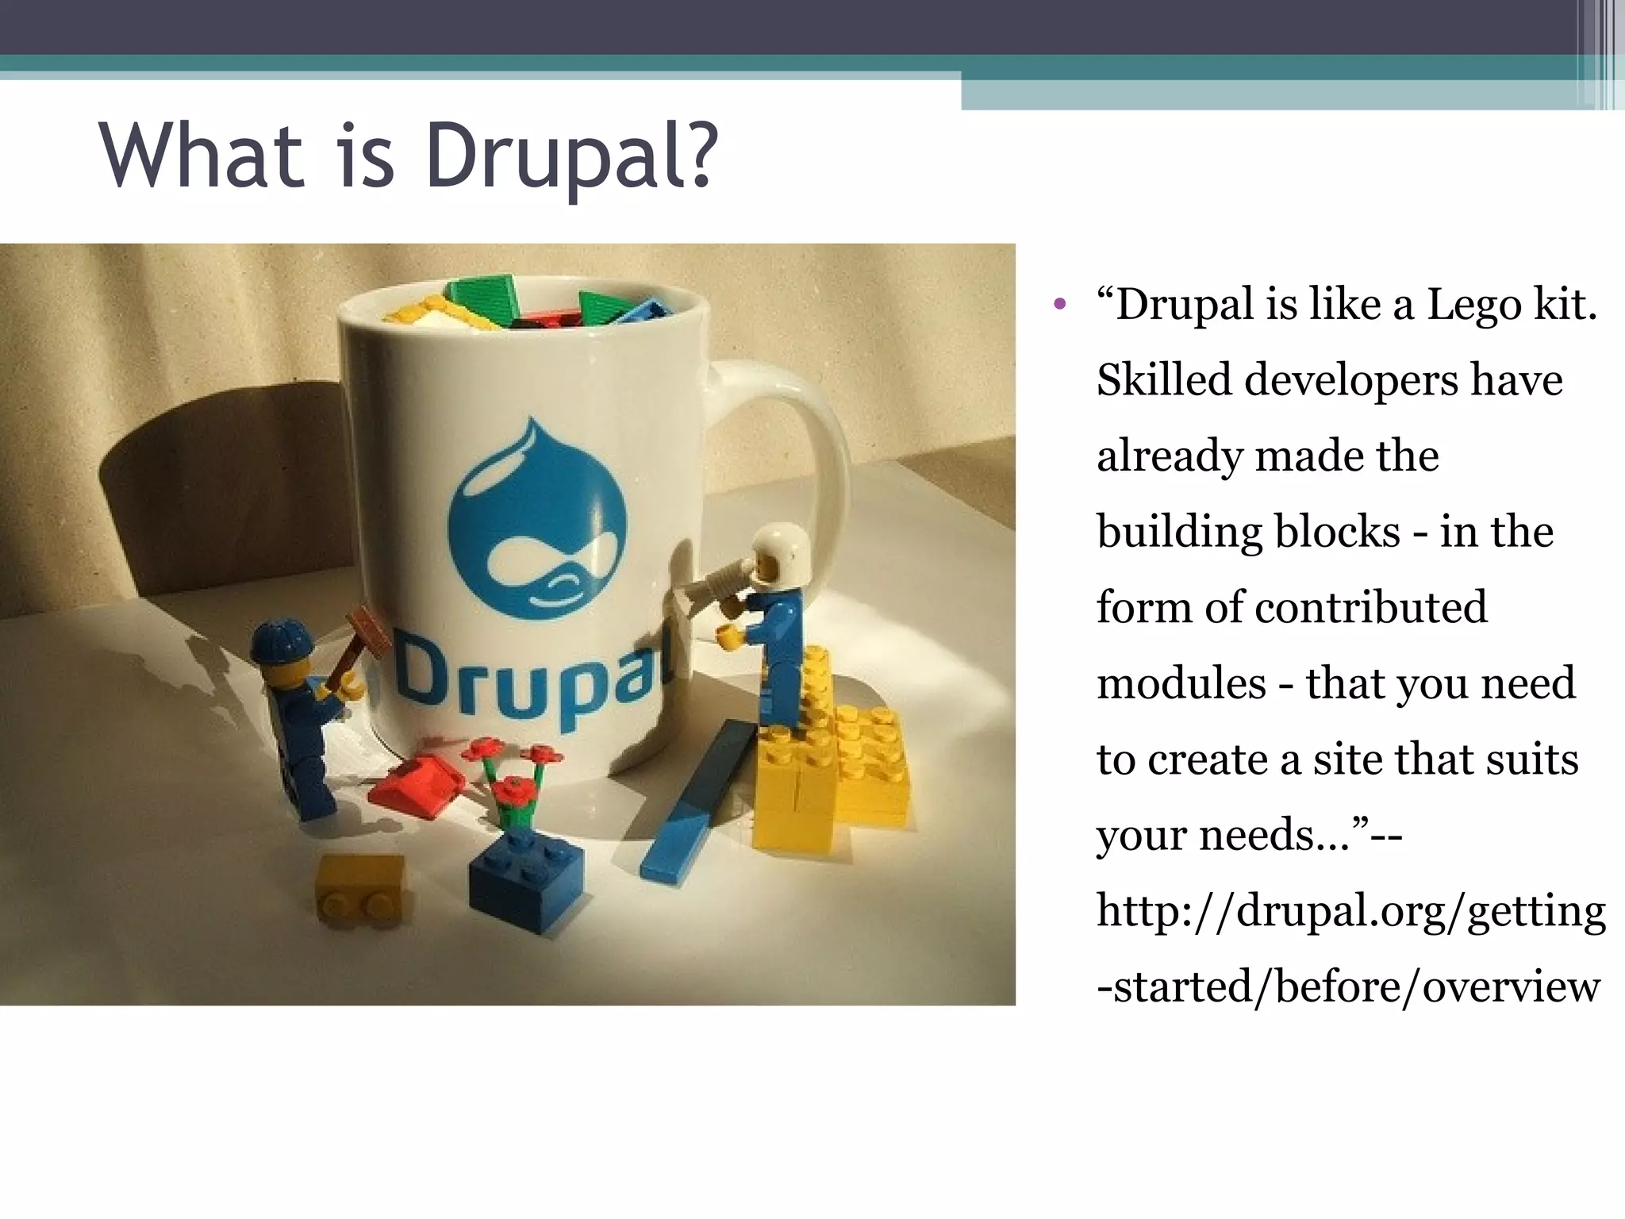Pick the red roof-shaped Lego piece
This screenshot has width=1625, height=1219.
click(417, 786)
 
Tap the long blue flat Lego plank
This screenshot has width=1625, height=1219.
click(698, 802)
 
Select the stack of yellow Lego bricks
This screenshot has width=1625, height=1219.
click(829, 762)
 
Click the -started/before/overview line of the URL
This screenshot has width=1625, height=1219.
click(1348, 986)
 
